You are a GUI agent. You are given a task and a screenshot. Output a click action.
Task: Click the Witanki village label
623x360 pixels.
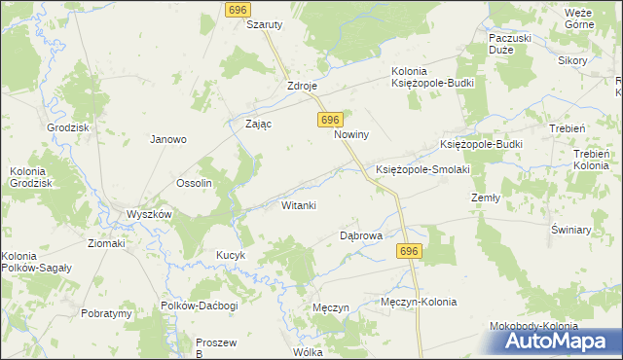tap(299, 205)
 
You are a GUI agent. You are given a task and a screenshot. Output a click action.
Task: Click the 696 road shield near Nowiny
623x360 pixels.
tap(329, 119)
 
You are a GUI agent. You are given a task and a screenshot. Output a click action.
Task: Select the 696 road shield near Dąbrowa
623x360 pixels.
tap(409, 251)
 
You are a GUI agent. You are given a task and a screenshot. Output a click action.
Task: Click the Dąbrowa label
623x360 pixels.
tap(360, 235)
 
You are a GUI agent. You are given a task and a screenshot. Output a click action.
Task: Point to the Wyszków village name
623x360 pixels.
tap(149, 214)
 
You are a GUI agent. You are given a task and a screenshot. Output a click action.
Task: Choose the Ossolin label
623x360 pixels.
tap(194, 183)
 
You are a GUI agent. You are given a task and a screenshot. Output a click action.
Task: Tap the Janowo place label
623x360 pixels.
tap(167, 139)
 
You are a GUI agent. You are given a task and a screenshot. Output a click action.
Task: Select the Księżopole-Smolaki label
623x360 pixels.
tap(422, 169)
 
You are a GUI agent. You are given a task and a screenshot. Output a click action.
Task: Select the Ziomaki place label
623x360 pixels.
tap(106, 243)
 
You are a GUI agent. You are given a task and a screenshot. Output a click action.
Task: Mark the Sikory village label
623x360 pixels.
tap(572, 60)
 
